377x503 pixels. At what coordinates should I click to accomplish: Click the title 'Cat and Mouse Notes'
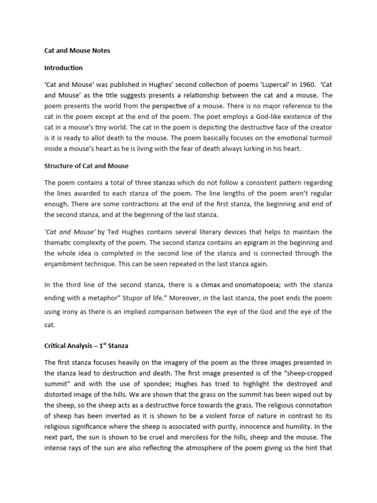pyautogui.click(x=77, y=51)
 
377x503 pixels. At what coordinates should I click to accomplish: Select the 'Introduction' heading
pyautogui.click(x=63, y=68)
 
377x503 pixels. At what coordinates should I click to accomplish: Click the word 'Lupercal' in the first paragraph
pyautogui.click(x=249, y=84)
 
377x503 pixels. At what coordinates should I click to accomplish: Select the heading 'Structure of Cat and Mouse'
pyautogui.click(x=86, y=166)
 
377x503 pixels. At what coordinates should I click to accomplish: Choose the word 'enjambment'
pyautogui.click(x=66, y=264)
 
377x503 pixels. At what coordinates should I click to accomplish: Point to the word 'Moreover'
pyautogui.click(x=193, y=298)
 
